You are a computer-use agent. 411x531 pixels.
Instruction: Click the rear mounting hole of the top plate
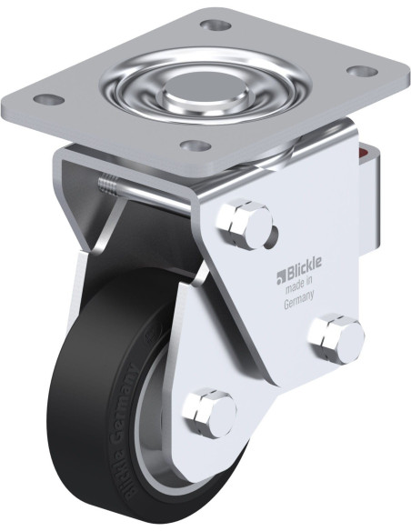(x=216, y=25)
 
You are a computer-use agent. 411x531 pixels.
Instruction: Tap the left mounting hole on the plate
(x=49, y=100)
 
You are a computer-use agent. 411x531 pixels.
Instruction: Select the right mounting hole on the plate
(x=363, y=71)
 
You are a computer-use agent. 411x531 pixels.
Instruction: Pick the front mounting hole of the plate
(x=195, y=145)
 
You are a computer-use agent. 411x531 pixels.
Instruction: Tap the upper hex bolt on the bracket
(x=244, y=224)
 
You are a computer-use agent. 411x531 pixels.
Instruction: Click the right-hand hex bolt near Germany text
(x=336, y=338)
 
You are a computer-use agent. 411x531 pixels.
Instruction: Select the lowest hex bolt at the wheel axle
(x=208, y=413)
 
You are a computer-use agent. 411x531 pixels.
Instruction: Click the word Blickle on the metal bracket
(x=304, y=272)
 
